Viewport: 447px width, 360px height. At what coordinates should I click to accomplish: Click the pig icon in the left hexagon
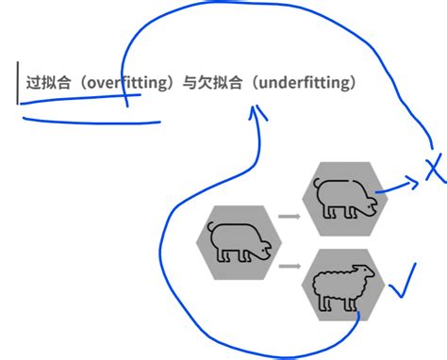coord(238,242)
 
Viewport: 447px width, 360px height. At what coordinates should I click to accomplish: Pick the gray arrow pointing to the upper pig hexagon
coord(290,218)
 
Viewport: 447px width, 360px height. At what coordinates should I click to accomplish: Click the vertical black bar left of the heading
coord(17,83)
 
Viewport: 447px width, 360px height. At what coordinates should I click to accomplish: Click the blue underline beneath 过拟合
coord(90,120)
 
